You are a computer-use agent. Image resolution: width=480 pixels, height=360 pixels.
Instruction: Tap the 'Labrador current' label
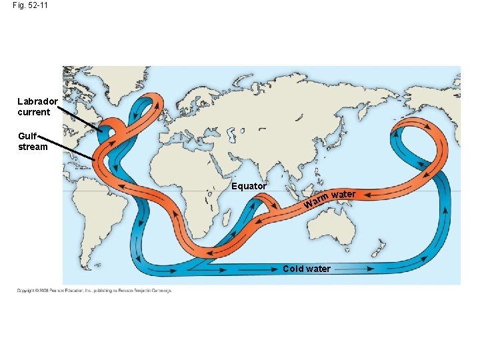[x=38, y=107]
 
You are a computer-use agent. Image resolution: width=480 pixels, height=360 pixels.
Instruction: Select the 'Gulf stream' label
[x=33, y=141]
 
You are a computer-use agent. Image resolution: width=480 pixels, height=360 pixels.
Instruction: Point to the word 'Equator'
[x=249, y=186]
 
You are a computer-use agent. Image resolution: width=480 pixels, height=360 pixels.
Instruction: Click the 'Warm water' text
[x=329, y=197]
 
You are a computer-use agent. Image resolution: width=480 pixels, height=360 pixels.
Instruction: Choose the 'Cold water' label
[x=306, y=269]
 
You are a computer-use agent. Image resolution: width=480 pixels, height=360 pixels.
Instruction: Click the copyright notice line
[x=94, y=291]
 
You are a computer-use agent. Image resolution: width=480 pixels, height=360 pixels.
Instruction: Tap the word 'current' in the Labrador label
[x=34, y=112]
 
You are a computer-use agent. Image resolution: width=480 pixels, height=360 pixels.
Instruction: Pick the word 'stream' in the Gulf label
[x=33, y=147]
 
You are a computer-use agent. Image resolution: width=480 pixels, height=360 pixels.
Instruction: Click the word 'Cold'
[x=293, y=269]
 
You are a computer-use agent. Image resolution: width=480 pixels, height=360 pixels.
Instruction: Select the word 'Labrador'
[x=38, y=101]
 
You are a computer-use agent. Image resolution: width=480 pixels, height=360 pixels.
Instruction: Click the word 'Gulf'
[x=27, y=136]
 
